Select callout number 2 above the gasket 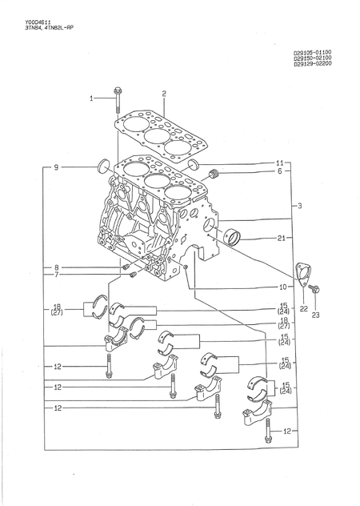(164, 94)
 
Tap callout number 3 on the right (298, 207)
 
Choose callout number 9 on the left (56, 167)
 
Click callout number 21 (281, 238)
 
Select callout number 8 (56, 267)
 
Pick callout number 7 (56, 275)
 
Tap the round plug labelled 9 (102, 167)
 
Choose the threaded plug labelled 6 (214, 175)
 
